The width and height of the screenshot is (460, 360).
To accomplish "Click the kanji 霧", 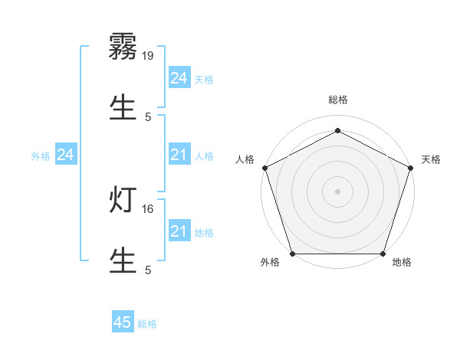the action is pyautogui.click(x=123, y=47).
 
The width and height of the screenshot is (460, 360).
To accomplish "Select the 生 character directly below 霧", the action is pyautogui.click(x=123, y=107).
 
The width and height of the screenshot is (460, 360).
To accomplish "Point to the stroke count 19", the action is pyautogui.click(x=149, y=55).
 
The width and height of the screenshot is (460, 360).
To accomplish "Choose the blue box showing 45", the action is pyautogui.click(x=123, y=322).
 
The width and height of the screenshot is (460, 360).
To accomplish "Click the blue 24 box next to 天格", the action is pyautogui.click(x=179, y=78).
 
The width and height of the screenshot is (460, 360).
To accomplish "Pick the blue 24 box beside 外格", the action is pyautogui.click(x=65, y=155).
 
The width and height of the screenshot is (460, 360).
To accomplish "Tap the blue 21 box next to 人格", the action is pyautogui.click(x=179, y=155).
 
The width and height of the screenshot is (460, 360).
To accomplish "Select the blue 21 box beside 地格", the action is pyautogui.click(x=179, y=231).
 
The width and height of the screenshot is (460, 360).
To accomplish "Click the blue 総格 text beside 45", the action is pyautogui.click(x=147, y=324).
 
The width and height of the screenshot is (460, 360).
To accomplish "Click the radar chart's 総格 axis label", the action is pyautogui.click(x=337, y=100).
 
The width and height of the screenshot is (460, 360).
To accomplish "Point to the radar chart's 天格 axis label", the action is pyautogui.click(x=431, y=159).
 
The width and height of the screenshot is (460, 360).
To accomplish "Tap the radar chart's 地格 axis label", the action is pyautogui.click(x=402, y=262).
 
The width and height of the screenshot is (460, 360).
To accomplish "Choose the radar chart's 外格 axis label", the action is pyautogui.click(x=270, y=262).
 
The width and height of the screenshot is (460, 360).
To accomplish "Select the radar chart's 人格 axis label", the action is pyautogui.click(x=245, y=159).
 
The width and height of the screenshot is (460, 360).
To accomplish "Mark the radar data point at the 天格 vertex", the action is pyautogui.click(x=410, y=168).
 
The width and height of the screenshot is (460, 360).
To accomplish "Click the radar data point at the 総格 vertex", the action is pyautogui.click(x=337, y=130).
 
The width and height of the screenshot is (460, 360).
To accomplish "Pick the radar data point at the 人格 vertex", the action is pyautogui.click(x=264, y=168).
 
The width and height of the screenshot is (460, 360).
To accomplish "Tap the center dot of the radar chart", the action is pyautogui.click(x=337, y=191).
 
